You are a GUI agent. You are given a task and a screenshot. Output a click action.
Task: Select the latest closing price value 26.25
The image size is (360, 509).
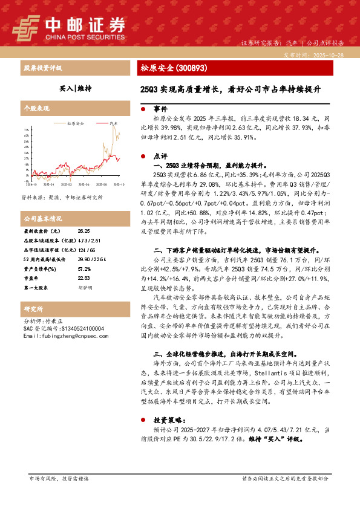(x=83, y=231)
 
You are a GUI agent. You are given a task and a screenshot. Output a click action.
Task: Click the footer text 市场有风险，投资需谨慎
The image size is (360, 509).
(x=59, y=478)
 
